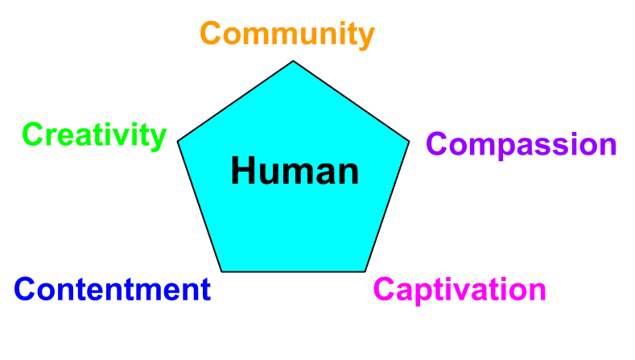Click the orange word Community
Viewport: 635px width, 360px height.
[x=287, y=35]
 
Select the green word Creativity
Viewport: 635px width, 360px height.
[x=94, y=136]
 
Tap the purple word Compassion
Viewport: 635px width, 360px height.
[x=522, y=146]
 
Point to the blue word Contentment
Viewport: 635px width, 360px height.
[x=112, y=289]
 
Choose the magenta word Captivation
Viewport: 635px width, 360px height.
[x=460, y=290]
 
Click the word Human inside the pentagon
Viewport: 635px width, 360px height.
[x=295, y=171]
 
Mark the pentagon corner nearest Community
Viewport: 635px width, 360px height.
[x=293, y=61]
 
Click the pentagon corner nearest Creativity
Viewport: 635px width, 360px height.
[x=178, y=142]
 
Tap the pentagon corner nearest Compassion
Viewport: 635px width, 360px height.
[x=409, y=142]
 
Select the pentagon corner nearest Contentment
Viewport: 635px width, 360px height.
[x=222, y=271]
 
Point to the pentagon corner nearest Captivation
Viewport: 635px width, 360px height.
[x=365, y=271]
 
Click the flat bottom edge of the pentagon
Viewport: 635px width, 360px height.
[x=293, y=271]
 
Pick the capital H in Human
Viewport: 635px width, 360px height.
[x=243, y=171]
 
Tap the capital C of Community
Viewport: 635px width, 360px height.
[x=211, y=33]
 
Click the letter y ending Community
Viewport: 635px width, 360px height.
[x=365, y=39]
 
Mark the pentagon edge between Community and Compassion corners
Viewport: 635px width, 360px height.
[x=351, y=101]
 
